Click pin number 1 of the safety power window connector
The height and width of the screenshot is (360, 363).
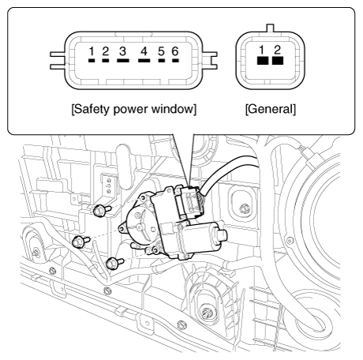point(92,51)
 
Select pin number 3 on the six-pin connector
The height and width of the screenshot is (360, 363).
point(122,51)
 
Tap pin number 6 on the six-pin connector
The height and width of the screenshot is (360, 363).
point(175,51)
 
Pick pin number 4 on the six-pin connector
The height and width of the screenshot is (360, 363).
point(144,51)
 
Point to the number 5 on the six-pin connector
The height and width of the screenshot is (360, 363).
point(162,51)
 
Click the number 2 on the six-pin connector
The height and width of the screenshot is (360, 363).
point(105,51)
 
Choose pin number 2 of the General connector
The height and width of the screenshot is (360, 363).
point(278,50)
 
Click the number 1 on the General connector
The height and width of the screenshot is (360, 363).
point(262,50)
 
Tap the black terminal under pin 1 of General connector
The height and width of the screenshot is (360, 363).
point(263,61)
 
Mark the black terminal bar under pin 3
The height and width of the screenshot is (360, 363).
point(123,61)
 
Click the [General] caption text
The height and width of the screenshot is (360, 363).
point(271,109)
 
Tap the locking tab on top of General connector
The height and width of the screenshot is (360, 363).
point(271,28)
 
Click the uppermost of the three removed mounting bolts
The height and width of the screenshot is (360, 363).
point(102,211)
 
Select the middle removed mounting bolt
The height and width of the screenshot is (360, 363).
point(80,242)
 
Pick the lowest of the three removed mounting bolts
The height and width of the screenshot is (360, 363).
point(114,264)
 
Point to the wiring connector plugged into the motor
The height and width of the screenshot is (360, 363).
point(189,202)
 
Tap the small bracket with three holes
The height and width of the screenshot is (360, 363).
point(108,186)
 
